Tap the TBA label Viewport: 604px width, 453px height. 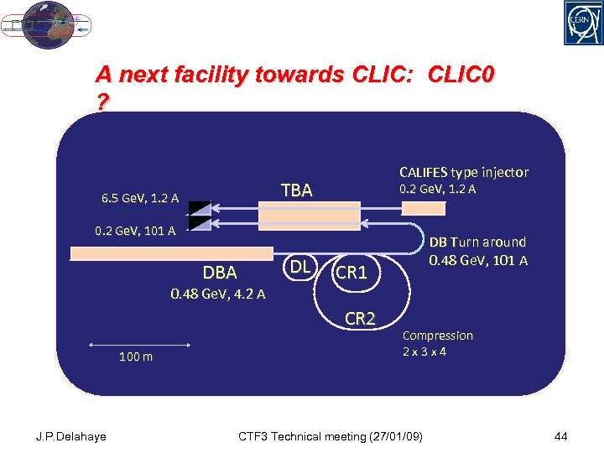(x=296, y=190)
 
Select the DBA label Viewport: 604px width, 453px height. (x=220, y=273)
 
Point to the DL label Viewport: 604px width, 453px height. (x=297, y=267)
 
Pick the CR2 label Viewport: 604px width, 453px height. (x=361, y=318)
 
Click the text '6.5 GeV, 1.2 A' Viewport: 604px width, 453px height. (x=139, y=199)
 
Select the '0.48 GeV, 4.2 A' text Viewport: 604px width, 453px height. (x=217, y=294)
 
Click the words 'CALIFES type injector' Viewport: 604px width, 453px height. (x=464, y=172)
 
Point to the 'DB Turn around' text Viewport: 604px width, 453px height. (x=478, y=242)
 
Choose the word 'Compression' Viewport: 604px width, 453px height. (x=438, y=336)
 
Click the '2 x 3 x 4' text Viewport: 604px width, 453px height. (x=424, y=351)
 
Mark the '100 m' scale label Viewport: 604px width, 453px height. (x=136, y=357)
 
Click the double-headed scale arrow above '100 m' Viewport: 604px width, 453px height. (x=138, y=342)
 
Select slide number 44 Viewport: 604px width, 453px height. (x=561, y=436)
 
